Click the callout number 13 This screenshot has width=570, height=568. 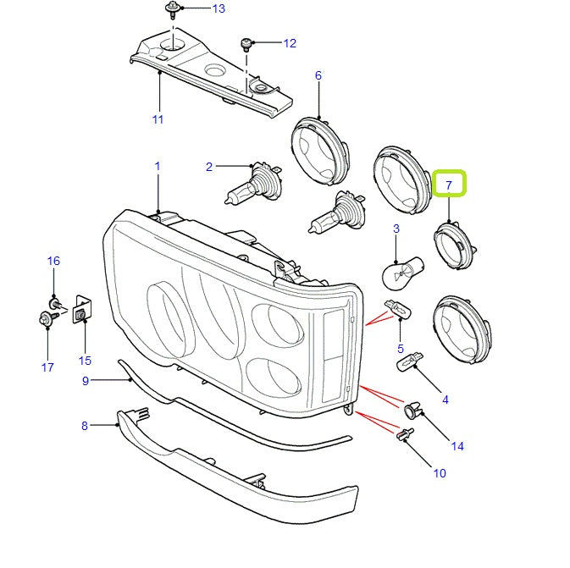tap(219, 9)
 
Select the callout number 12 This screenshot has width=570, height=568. tap(290, 42)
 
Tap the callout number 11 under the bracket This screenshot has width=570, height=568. tap(158, 119)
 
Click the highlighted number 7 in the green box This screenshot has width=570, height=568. tap(449, 184)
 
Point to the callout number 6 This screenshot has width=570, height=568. tap(318, 76)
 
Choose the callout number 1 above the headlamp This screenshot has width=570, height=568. tap(157, 167)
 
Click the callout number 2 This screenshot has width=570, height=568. tap(209, 167)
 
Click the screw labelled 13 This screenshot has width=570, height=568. tap(172, 11)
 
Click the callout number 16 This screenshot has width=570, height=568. tap(53, 262)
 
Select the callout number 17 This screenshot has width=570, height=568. tap(47, 367)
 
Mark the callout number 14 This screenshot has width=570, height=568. tap(457, 446)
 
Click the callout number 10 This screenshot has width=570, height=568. tap(439, 473)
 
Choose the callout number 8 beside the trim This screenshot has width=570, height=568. tap(85, 426)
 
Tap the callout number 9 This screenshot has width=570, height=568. tap(85, 381)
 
